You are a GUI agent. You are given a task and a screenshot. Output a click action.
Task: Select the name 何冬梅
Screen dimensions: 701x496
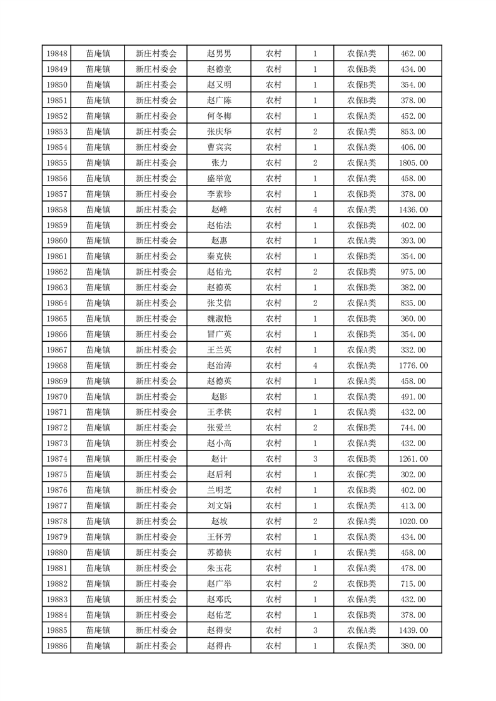pos(223,116)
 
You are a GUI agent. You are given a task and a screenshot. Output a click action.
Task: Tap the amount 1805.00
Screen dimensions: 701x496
pos(413,163)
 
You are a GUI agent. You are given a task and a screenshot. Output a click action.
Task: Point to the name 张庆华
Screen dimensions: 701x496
pos(223,132)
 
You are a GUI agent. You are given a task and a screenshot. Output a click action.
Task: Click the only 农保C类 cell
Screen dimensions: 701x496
pos(362,475)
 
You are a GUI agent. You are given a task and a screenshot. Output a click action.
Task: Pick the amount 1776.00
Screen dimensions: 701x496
pos(413,365)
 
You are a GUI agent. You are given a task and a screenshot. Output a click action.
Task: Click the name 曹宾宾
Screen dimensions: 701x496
pos(223,147)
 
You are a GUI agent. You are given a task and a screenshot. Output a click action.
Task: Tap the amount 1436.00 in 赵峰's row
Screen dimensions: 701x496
pos(413,210)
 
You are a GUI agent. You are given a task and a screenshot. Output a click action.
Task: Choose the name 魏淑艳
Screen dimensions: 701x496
pos(223,319)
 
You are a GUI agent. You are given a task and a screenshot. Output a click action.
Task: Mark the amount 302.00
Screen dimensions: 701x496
pos(413,475)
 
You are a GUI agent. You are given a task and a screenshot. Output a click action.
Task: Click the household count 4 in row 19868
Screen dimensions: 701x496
pos(315,365)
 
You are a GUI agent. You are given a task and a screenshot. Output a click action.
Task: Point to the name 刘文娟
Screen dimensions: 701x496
pos(223,506)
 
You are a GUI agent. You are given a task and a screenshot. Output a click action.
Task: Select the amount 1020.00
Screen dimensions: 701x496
pos(413,522)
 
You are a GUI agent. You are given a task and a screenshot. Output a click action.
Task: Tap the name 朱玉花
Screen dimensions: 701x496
pos(223,569)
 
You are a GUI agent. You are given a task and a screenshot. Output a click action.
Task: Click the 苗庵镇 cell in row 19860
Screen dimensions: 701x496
pos(98,241)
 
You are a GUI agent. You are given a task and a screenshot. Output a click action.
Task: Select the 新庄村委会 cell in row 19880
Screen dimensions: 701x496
pos(156,553)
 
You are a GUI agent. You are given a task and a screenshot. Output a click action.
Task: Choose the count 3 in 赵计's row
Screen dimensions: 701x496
pos(315,459)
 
